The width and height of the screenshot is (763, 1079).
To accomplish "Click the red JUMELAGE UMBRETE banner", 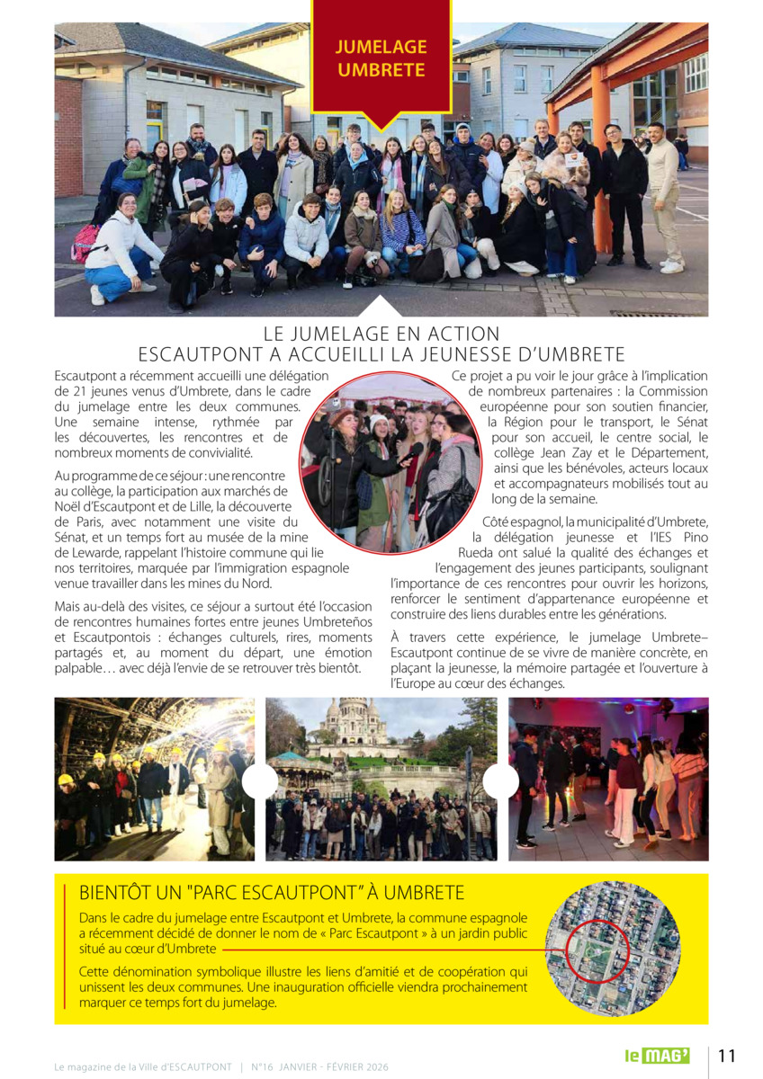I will [x=381, y=58].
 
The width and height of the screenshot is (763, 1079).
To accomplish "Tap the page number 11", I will [x=727, y=1056].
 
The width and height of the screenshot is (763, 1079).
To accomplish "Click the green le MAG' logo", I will [x=658, y=1056].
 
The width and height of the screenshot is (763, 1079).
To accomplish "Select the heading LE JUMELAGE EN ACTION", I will [x=381, y=334].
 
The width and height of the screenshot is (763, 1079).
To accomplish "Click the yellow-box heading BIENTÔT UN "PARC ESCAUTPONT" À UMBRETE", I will [x=272, y=893].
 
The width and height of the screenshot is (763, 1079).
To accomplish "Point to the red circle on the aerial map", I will [x=593, y=950].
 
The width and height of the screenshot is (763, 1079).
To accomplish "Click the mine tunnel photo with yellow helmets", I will [x=154, y=779].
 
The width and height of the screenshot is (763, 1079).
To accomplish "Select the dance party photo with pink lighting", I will [x=608, y=779].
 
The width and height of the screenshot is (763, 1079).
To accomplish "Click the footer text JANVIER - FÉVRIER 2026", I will [x=335, y=1066].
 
